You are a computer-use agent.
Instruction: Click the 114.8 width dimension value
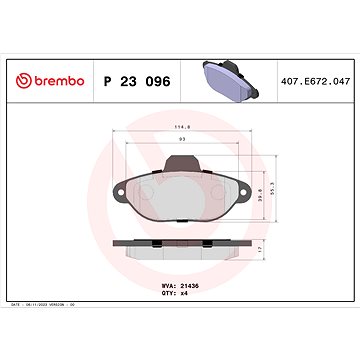pyautogui.click(x=180, y=127)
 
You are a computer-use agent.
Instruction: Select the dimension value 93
pyautogui.click(x=180, y=139)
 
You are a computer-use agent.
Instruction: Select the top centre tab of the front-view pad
pyautogui.click(x=181, y=157)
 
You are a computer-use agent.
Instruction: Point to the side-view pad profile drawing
pyautogui.click(x=181, y=246)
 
